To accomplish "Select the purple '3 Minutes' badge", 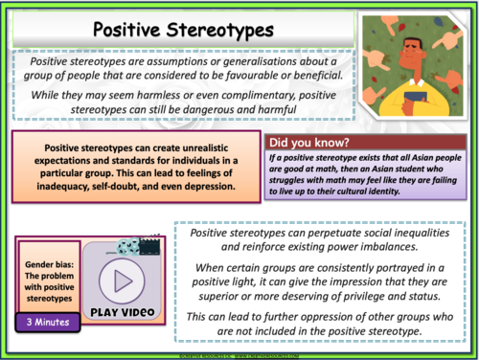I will pyautogui.click(x=46, y=323).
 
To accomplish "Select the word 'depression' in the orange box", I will pyautogui.click(x=211, y=187).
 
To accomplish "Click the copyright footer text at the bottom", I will pyautogui.click(x=239, y=355).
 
